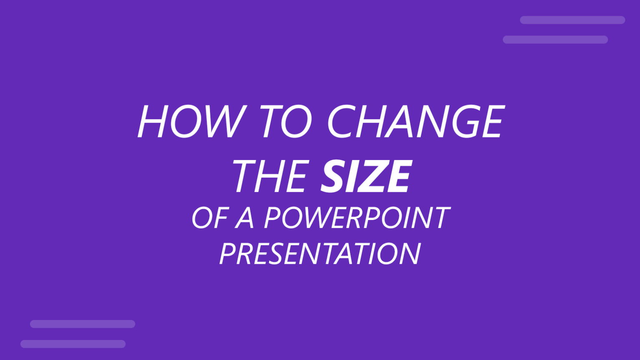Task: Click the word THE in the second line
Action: pos(271,177)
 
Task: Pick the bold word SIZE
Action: pos(366,177)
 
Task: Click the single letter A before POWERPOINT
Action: pos(245,218)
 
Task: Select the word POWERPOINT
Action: pos(357,218)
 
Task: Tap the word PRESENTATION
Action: pos(320,254)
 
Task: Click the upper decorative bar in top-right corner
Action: pos(572,20)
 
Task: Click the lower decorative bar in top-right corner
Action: pos(555,40)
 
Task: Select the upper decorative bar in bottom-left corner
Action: pos(82,324)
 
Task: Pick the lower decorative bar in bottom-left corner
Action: pos(73,344)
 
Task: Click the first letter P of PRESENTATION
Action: pos(227,254)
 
